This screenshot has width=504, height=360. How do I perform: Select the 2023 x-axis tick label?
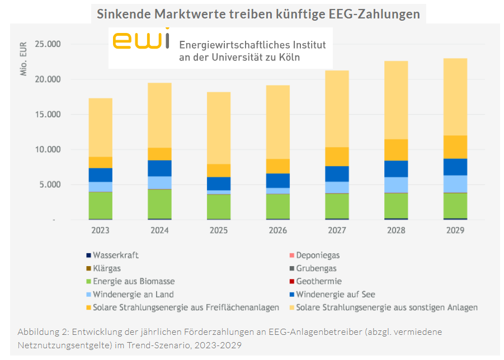coord(100,230)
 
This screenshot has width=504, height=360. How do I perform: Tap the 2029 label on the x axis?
coord(455,230)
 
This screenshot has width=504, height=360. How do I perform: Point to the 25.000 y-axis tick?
coord(47,44)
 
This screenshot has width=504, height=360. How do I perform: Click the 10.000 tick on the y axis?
coord(47,150)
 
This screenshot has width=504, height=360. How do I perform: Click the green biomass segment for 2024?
coord(159,204)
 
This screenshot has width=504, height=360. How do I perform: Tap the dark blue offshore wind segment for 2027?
coord(337,174)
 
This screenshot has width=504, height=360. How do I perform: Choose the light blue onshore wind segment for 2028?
coord(396,185)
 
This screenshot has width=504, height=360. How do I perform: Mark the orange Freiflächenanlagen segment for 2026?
coord(277,166)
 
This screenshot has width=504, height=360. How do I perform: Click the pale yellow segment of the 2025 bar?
coord(219,128)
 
